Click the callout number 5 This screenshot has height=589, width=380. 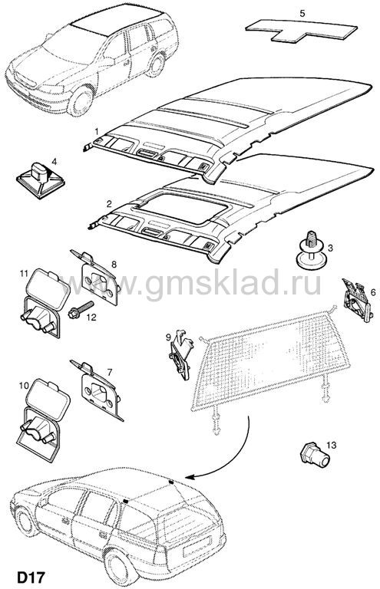pyautogui.click(x=302, y=14)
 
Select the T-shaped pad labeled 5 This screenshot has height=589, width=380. pyautogui.click(x=301, y=31)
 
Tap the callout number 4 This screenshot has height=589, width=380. pyautogui.click(x=55, y=162)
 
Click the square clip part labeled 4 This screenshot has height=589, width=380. pyautogui.click(x=41, y=179)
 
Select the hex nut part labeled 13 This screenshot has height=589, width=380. pyautogui.click(x=315, y=455)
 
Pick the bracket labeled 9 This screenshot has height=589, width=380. pyautogui.click(x=181, y=355)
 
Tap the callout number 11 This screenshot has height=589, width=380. pyautogui.click(x=24, y=274)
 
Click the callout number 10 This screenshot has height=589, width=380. pyautogui.click(x=24, y=385)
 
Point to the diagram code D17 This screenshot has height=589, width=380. pyautogui.click(x=31, y=577)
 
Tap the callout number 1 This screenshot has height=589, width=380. pyautogui.click(x=97, y=131)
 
